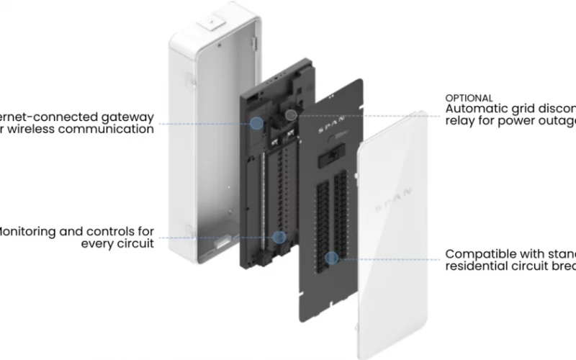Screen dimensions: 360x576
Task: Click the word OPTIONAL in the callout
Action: click(469, 98)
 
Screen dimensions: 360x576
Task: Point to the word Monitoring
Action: click(34, 231)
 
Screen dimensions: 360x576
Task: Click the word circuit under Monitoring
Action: click(135, 244)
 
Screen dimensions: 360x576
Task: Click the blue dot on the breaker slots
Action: click(331, 258)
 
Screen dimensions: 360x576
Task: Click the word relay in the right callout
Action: click(459, 122)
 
